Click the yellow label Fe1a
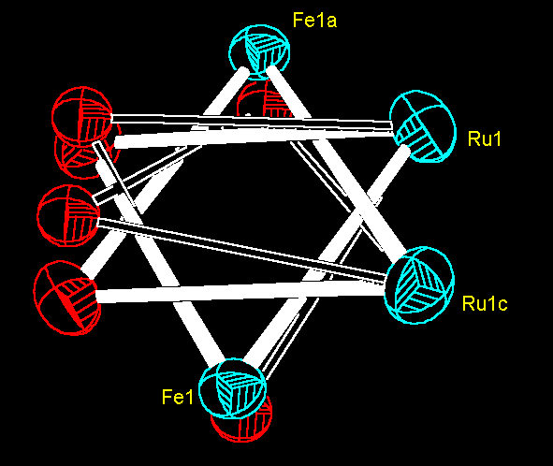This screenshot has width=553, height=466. point(314,20)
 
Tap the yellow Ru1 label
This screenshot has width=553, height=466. point(485,138)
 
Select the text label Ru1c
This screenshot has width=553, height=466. point(485,303)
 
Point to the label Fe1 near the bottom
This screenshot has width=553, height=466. point(178,397)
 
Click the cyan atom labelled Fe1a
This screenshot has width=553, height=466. point(259,52)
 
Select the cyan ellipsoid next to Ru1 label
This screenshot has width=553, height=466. point(423,126)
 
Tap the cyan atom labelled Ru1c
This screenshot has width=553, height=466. point(418,285)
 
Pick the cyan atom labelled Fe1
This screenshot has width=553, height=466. point(232,388)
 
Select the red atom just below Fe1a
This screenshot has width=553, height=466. point(265,100)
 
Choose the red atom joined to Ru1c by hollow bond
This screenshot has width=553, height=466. point(68,215)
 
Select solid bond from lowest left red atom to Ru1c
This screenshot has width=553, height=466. point(240,291)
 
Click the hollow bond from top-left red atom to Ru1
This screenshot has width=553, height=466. point(252,122)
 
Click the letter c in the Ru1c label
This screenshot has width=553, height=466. point(502,305)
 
